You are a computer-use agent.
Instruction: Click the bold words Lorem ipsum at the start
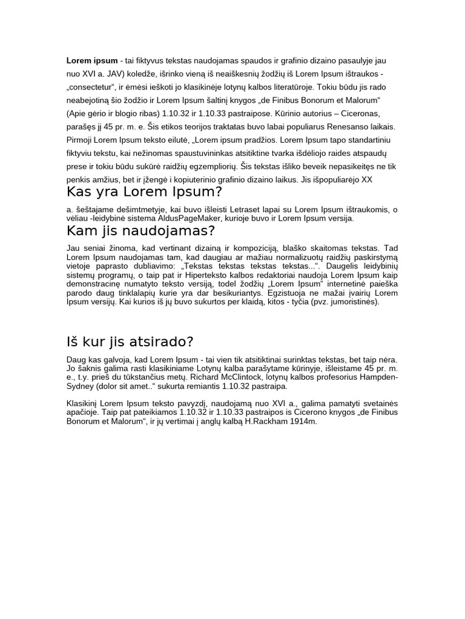click(x=92, y=61)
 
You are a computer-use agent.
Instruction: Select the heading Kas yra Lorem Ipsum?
click(x=145, y=193)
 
